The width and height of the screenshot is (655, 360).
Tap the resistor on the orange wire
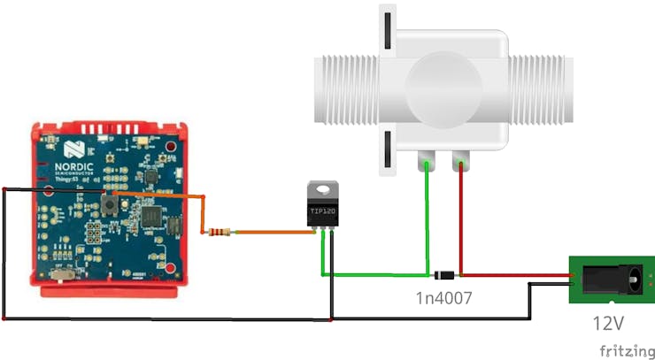point(217,233)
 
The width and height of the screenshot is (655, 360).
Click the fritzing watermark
point(623,349)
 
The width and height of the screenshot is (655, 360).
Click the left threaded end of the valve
point(346,88)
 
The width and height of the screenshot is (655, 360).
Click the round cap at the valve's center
point(439,86)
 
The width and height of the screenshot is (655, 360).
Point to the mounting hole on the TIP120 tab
point(321,188)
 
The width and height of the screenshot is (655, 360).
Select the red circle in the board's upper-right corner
point(169,146)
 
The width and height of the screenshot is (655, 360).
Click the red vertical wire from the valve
point(461,221)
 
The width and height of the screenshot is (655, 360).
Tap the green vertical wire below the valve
point(428,221)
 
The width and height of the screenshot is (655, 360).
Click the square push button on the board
point(112,204)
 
